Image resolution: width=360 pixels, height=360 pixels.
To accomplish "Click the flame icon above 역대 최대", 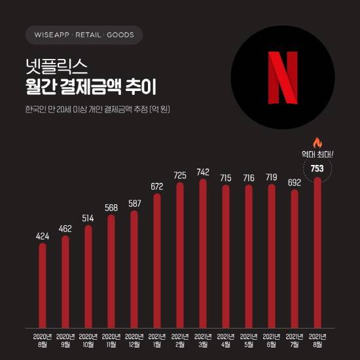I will [x=317, y=142].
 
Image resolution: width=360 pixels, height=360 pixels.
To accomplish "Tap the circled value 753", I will [x=317, y=168].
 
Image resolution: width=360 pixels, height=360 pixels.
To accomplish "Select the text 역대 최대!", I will [x=317, y=154].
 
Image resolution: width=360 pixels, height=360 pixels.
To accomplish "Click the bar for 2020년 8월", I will [x=43, y=285].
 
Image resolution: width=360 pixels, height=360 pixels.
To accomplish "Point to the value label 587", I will [x=134, y=204].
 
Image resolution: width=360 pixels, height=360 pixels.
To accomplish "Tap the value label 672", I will [x=157, y=186].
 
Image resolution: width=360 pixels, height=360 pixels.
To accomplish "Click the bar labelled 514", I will [x=88, y=276].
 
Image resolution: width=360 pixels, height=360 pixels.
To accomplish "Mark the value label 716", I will [x=249, y=177].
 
